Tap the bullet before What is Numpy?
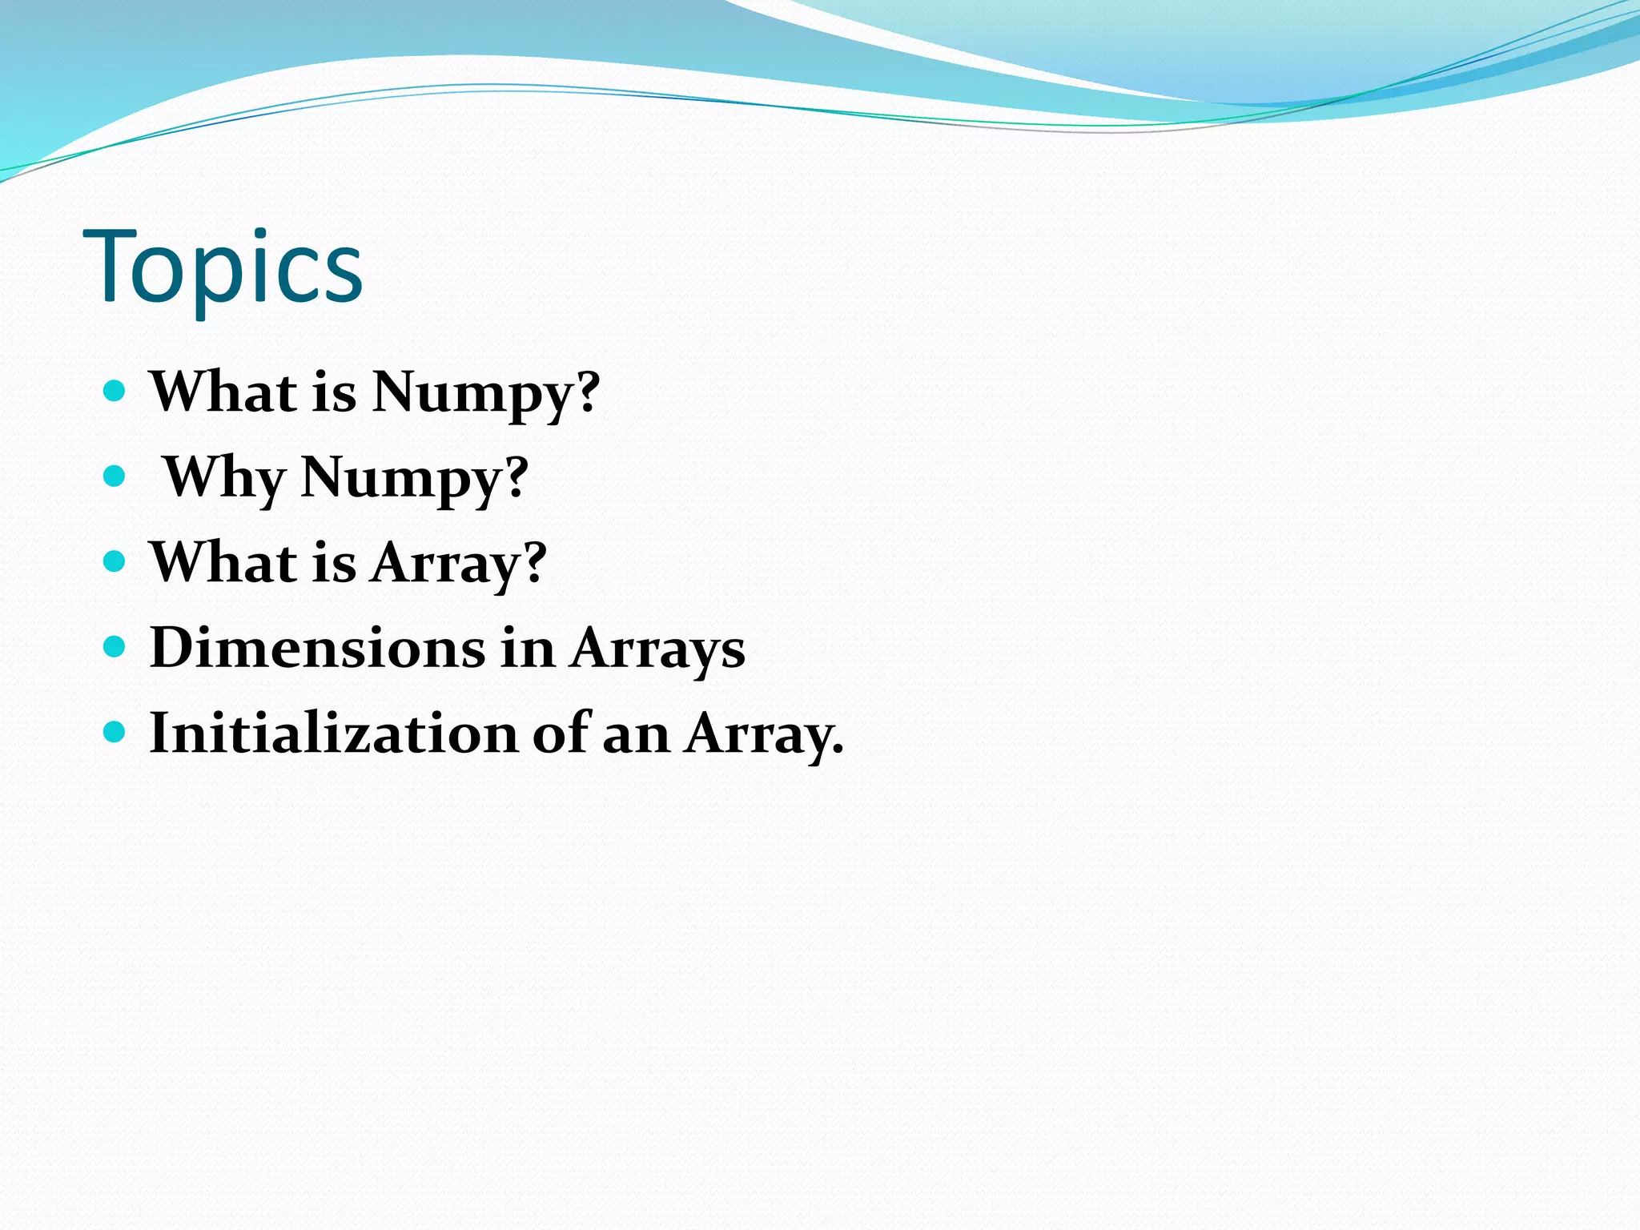pyautogui.click(x=115, y=391)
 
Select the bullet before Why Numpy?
pyautogui.click(x=115, y=476)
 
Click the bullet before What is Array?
pyautogui.click(x=115, y=561)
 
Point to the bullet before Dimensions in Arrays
pyautogui.click(x=115, y=646)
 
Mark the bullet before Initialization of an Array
pyautogui.click(x=115, y=731)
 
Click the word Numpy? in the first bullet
pyautogui.click(x=485, y=392)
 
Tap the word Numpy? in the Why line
pyautogui.click(x=414, y=478)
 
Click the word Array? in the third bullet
pyautogui.click(x=458, y=563)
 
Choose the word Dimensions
pyautogui.click(x=317, y=648)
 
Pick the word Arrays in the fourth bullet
pyautogui.click(x=657, y=648)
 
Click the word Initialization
pyautogui.click(x=333, y=733)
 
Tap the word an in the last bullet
pyautogui.click(x=635, y=733)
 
